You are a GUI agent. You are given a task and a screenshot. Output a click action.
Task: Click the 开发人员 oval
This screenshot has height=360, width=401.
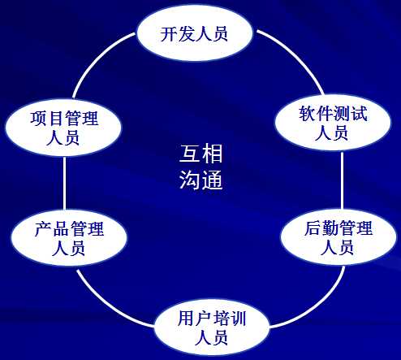point(195,33)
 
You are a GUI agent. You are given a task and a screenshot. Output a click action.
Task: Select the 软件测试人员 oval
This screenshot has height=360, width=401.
point(333,123)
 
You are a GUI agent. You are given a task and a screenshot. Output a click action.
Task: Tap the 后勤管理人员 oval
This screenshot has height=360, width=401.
point(338,237)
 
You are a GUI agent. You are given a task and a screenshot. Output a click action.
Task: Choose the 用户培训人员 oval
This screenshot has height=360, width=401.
point(212,327)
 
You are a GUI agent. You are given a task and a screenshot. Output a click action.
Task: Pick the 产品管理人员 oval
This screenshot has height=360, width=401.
point(69,238)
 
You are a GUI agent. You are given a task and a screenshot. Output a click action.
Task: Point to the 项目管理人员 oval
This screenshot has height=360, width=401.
point(64,128)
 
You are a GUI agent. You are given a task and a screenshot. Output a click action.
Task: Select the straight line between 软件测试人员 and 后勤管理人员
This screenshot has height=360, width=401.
point(342,180)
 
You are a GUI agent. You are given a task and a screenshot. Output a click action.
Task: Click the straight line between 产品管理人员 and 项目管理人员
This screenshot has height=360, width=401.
point(64,183)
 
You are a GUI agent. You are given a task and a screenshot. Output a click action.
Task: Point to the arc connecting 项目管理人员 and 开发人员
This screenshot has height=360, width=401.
point(95,58)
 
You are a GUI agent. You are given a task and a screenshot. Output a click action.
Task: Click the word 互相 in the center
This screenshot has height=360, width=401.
point(200,154)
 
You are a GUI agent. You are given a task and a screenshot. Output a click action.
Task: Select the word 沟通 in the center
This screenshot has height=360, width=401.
point(200,180)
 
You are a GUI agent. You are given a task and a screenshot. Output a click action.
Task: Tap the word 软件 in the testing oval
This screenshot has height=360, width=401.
point(316,113)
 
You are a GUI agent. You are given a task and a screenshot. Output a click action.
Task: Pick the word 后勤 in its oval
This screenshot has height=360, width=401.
point(321,228)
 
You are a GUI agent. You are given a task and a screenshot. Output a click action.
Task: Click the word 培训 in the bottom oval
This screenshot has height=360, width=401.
point(229,319)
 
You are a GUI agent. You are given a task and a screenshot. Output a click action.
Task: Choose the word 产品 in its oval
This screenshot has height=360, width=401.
point(52,229)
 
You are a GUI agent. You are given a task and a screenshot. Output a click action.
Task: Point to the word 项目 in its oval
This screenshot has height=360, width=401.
point(47,119)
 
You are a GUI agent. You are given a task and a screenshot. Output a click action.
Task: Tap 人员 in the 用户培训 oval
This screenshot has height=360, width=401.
point(211,337)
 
